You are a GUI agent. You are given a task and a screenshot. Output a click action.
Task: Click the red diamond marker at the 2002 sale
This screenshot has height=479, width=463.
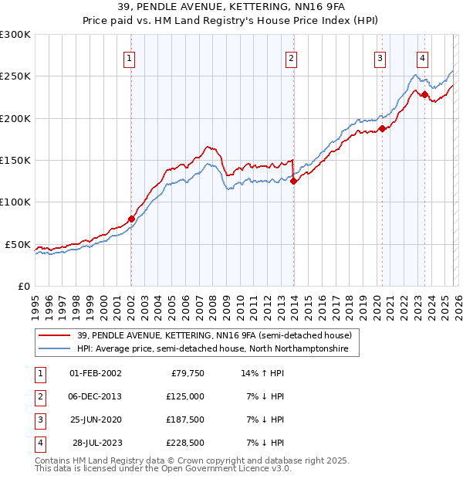pyautogui.click(x=130, y=219)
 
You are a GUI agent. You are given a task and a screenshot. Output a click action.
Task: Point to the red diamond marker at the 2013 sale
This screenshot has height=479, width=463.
pyautogui.click(x=293, y=182)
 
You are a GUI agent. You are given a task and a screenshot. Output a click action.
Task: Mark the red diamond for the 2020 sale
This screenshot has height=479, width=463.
pyautogui.click(x=382, y=129)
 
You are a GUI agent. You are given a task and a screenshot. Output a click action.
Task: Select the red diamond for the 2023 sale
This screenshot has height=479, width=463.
pyautogui.click(x=424, y=94)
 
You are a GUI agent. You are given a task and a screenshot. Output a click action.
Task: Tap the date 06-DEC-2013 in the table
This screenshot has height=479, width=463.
pyautogui.click(x=96, y=396)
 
